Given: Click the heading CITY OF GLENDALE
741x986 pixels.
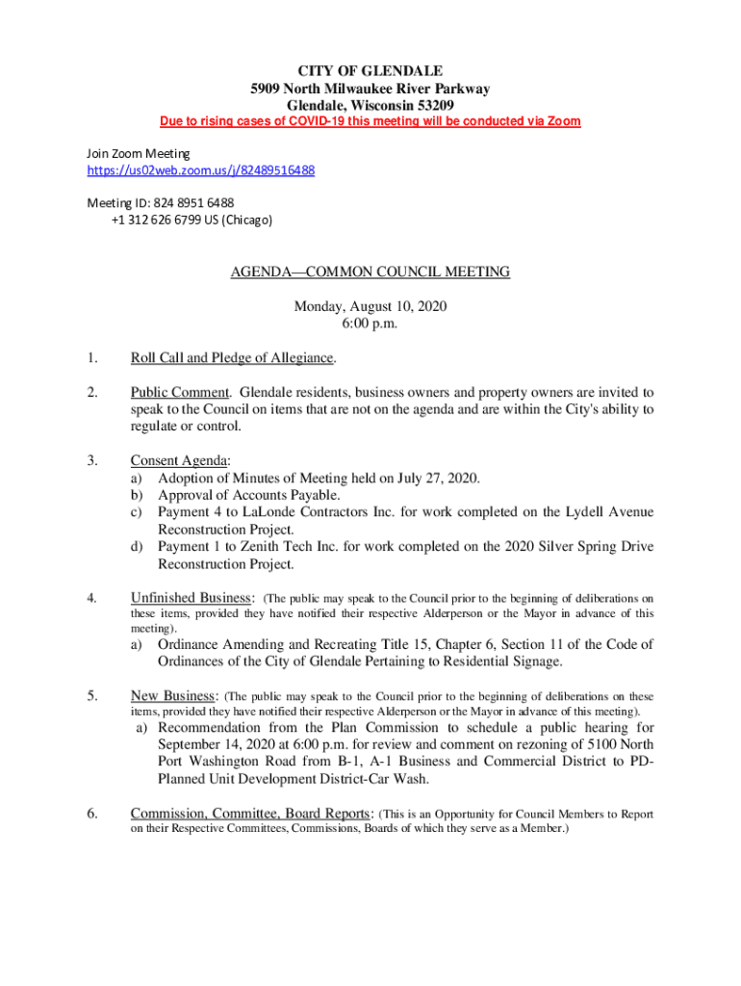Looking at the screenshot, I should pos(370,71).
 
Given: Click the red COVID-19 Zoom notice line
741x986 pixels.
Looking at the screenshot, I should pos(370,122).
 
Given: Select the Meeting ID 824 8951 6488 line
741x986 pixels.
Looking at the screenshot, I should pos(161,202).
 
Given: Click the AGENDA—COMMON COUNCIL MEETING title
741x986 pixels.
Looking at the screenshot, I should pos(370,272).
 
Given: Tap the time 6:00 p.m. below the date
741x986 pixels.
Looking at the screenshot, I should pos(370,324).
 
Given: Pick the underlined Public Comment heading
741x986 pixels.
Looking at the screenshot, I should pos(180,393).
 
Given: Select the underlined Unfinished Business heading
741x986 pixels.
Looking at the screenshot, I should pos(192,598).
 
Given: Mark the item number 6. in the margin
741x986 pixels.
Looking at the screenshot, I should pos(92,814).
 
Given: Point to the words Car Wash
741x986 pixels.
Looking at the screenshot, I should pos(398,779).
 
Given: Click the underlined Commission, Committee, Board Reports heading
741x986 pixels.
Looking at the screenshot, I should pos(251,814).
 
